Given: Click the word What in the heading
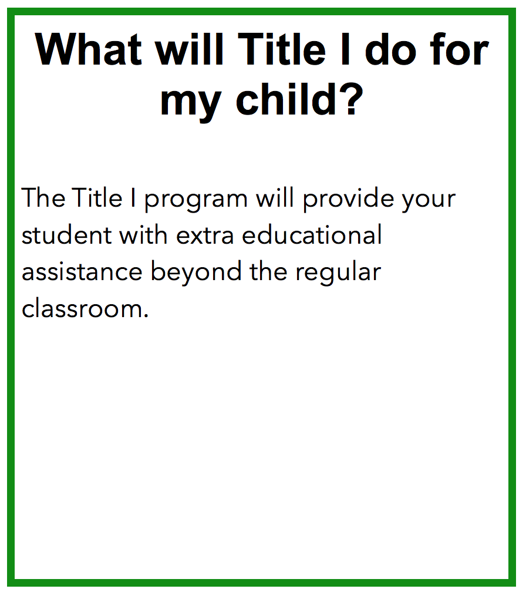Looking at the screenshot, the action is (x=89, y=49).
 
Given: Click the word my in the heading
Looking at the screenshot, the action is (x=191, y=104).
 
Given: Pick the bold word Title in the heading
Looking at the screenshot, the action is (x=282, y=49).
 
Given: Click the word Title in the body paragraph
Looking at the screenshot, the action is (x=97, y=198).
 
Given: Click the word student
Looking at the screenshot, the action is (x=67, y=235).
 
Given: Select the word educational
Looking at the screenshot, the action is (x=312, y=235).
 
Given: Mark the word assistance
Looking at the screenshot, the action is (x=82, y=272).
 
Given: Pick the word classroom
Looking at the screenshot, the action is (x=82, y=309).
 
